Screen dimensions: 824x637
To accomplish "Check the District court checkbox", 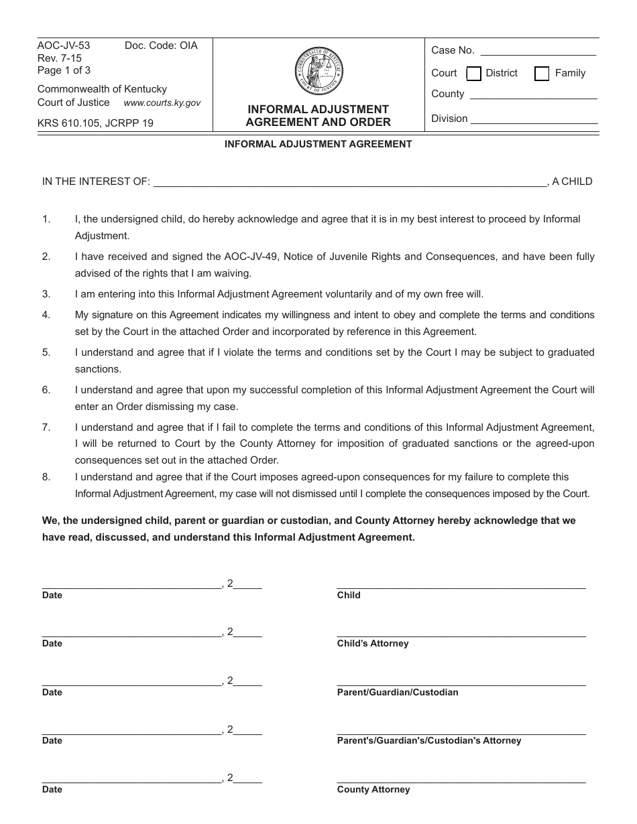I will [x=473, y=74].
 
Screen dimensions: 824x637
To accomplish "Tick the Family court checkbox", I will [x=542, y=74].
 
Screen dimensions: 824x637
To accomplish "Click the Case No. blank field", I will [x=538, y=52].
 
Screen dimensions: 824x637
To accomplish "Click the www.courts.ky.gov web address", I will [x=162, y=103].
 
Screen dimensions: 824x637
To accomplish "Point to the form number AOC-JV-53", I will [x=64, y=46].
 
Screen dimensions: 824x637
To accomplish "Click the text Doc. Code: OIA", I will [x=161, y=46].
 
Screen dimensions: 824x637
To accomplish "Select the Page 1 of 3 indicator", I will [x=64, y=70].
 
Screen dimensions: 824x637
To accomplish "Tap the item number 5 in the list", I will [x=46, y=352].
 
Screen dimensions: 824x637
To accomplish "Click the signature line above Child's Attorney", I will [x=461, y=634].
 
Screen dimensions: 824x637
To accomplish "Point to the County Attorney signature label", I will [x=373, y=790].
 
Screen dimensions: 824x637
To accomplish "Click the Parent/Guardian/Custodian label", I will [x=398, y=692].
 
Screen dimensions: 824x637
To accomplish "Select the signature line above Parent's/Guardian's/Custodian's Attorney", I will [x=461, y=731].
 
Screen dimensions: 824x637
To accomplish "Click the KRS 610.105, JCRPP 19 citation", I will [x=95, y=123].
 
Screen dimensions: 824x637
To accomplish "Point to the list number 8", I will [x=46, y=477].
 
